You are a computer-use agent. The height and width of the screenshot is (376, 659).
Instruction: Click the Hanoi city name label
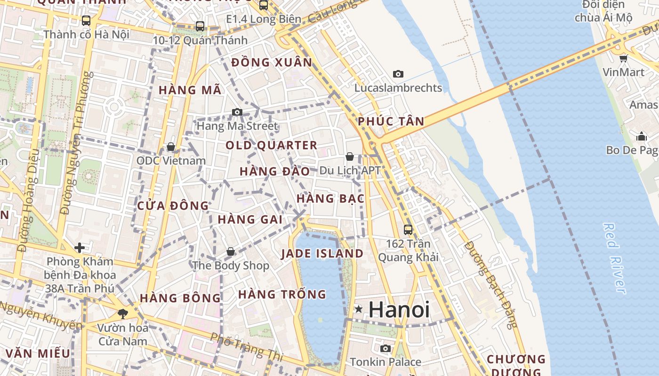(399, 310)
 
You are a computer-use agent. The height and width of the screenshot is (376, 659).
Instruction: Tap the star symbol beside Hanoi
(359, 309)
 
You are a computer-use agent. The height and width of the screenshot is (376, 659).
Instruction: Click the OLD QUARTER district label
(271, 145)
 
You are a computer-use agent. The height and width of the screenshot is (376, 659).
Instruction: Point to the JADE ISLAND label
(322, 254)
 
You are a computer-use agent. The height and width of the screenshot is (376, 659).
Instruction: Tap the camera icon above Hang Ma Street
(237, 112)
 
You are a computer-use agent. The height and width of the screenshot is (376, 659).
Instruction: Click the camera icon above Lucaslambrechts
(398, 74)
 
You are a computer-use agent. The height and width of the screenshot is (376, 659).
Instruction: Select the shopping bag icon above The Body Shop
(231, 251)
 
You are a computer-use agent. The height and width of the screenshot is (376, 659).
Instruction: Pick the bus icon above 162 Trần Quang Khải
(408, 230)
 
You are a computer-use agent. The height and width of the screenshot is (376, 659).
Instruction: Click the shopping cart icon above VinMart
(624, 58)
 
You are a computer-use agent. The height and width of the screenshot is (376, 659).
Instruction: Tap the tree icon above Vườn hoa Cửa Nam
(123, 313)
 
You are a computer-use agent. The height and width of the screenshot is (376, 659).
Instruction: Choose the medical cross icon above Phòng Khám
(80, 247)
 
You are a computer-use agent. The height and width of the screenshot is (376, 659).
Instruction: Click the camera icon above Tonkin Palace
(386, 348)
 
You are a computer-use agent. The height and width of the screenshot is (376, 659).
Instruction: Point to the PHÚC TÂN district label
(391, 121)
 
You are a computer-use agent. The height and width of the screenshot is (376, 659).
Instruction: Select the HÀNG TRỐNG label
(282, 295)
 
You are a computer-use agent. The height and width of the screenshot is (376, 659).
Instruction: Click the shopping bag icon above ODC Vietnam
(171, 147)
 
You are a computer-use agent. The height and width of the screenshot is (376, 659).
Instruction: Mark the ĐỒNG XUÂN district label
(272, 63)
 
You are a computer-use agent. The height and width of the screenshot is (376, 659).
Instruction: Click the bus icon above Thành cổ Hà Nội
(86, 21)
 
